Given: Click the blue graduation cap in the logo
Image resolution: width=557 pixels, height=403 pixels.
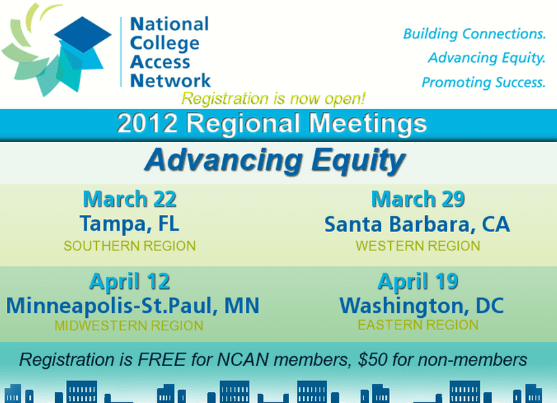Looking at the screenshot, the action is coord(83,34).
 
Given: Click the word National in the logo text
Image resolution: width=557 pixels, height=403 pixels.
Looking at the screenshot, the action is coord(170,24).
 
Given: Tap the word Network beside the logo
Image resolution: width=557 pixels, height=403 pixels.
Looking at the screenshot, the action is coord(170,80).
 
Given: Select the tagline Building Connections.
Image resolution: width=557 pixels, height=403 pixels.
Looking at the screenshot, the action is coord(474,34).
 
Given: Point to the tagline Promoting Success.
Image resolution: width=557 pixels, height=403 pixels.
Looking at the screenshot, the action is coord(484,82).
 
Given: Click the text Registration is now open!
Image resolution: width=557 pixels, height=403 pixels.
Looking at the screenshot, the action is coord(273,98).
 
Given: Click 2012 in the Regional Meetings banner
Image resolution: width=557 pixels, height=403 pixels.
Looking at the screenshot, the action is coord(147,123).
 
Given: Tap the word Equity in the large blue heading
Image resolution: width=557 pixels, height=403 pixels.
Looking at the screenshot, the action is coord(358,161).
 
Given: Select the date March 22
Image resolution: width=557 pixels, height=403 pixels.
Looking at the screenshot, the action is coord(130,199).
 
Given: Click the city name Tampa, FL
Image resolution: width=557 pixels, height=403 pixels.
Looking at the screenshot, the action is coord(130,224).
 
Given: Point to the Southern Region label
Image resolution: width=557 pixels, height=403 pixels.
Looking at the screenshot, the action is coord(130,246).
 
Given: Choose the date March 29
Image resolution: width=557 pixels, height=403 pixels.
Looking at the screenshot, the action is coord(418,199).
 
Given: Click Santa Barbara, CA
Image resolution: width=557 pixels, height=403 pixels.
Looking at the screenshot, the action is coord(418,224).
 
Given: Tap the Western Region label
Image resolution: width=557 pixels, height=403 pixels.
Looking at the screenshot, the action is coord(418,246).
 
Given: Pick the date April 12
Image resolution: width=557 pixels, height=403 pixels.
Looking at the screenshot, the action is coord(130,281).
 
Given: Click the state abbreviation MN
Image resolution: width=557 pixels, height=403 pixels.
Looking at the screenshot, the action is coord(242,306).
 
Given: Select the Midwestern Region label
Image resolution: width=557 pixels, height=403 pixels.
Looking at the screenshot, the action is coord(129,325).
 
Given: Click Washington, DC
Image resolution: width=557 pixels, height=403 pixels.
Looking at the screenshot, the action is coord(422,306).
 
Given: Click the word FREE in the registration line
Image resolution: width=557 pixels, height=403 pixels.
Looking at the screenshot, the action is coord(162,360).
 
